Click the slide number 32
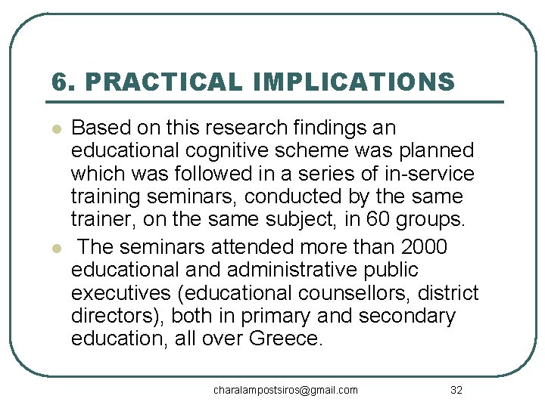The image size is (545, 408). pos(456,390)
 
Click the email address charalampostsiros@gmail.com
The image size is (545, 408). pos(285,390)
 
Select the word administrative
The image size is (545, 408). pos(296,270)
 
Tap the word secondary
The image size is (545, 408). pos(406,316)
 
